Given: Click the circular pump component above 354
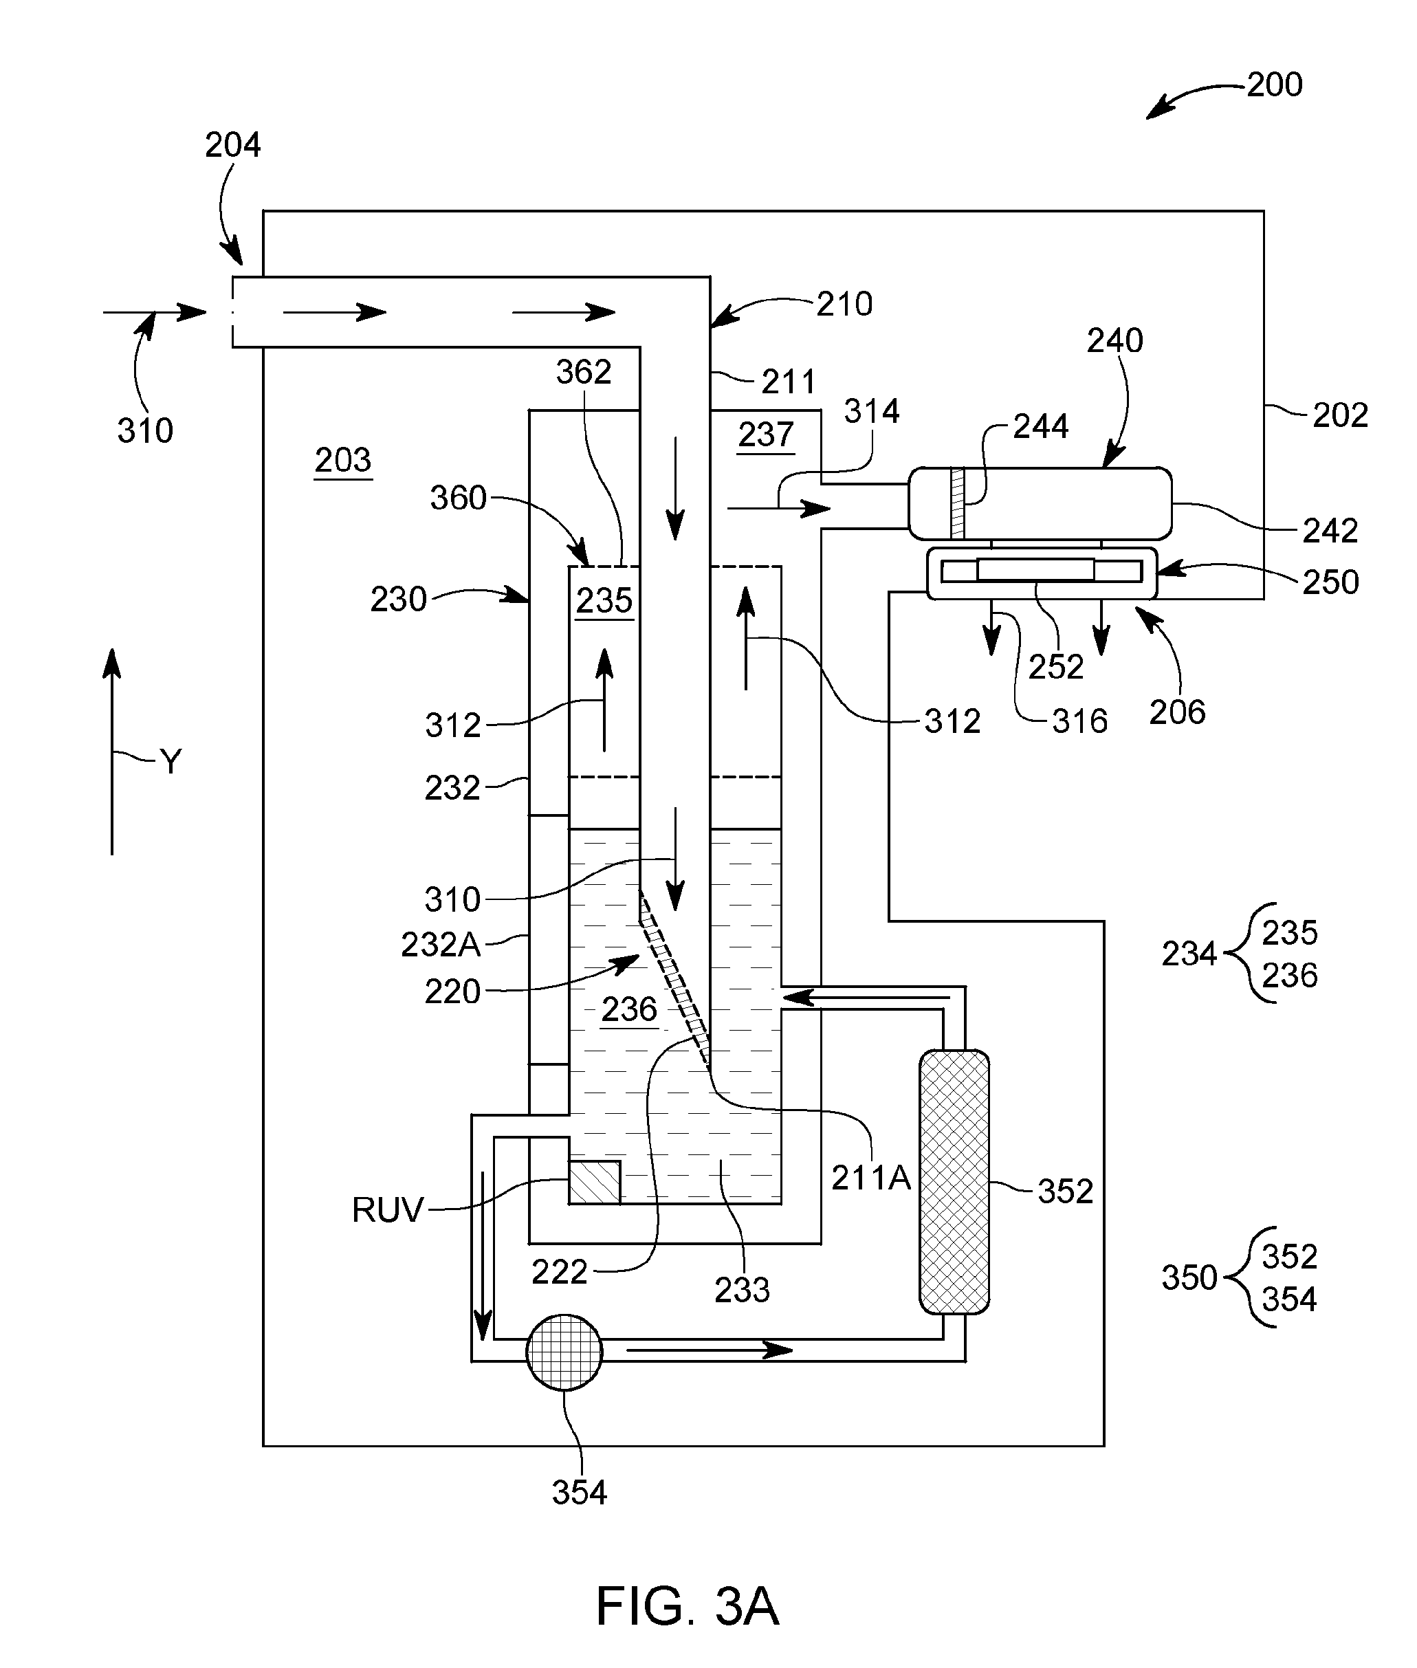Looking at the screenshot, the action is point(564,1352).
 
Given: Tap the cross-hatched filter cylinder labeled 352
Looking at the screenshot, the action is point(954,1182).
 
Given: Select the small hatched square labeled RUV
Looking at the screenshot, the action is point(595,1182).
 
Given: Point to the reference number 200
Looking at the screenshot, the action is point(1275,85).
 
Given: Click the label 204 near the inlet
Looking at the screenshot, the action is point(233,146).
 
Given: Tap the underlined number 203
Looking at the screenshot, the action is point(343,461).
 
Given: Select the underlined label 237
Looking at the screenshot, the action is point(767,435).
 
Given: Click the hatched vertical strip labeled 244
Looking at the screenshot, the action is point(957,503).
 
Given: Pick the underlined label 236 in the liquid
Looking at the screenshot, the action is point(630,1010).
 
